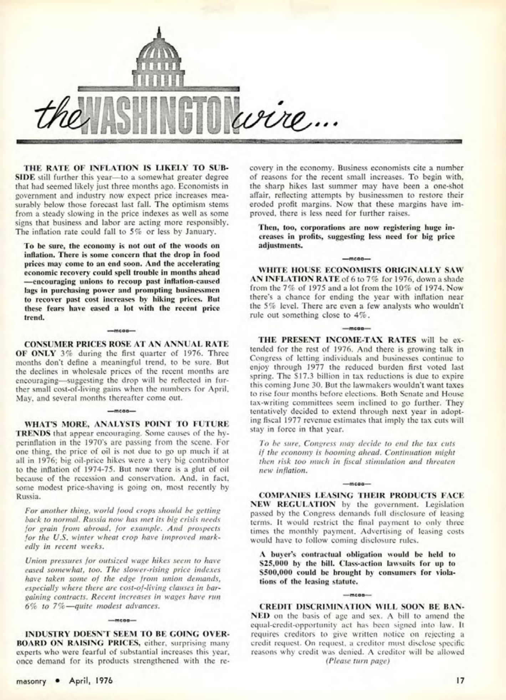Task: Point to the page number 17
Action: click(460, 680)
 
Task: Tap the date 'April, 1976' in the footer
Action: click(91, 680)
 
